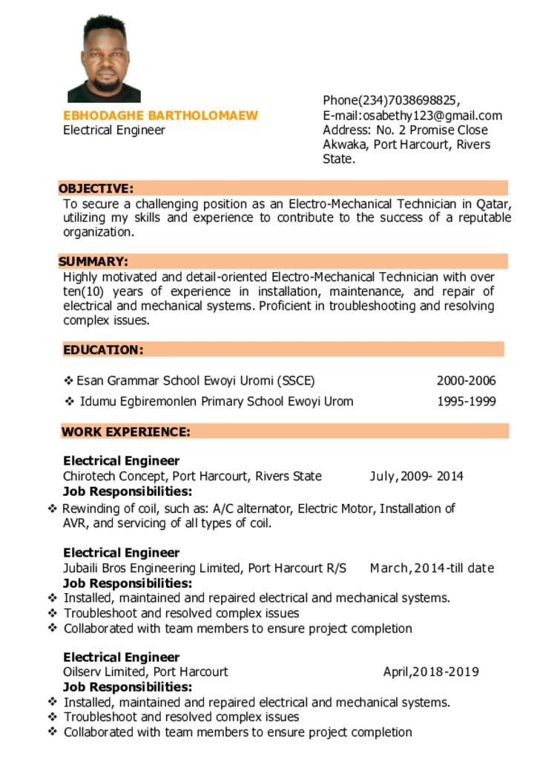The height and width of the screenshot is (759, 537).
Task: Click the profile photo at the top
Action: [104, 59]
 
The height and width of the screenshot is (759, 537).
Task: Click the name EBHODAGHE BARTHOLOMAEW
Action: [160, 116]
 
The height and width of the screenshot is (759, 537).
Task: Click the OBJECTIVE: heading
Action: [96, 188]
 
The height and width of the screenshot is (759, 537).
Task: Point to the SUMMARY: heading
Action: [93, 261]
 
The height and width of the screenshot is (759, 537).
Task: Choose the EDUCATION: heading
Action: [103, 349]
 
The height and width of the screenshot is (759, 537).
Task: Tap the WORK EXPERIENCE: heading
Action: [125, 431]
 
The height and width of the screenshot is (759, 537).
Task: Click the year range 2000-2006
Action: [466, 381]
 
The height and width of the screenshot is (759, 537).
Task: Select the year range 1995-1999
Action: [466, 402]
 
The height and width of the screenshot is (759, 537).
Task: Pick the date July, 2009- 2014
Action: [416, 476]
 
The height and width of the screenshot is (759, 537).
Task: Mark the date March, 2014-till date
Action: [432, 568]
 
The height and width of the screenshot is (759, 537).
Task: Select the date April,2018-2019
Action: [430, 672]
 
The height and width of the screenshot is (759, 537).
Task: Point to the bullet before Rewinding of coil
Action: [53, 508]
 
